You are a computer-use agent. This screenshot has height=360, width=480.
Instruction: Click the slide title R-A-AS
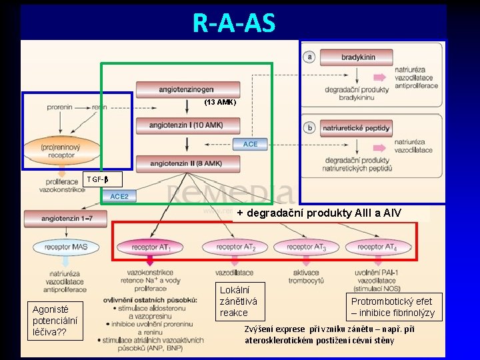coord(233,23)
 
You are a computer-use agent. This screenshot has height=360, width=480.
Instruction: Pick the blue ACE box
coord(250,144)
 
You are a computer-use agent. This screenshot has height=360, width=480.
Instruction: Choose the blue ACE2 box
coord(119,196)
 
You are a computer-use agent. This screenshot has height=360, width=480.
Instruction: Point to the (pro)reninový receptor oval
coord(61,151)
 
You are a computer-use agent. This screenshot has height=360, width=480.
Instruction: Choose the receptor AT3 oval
coord(307,247)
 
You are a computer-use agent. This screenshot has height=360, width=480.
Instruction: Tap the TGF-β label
coord(97,179)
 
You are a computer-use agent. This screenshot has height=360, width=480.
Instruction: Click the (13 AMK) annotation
coord(220,103)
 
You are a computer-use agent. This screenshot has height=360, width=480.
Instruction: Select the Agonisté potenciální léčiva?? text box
coord(55,320)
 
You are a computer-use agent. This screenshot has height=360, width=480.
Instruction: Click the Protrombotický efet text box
coord(393,307)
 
